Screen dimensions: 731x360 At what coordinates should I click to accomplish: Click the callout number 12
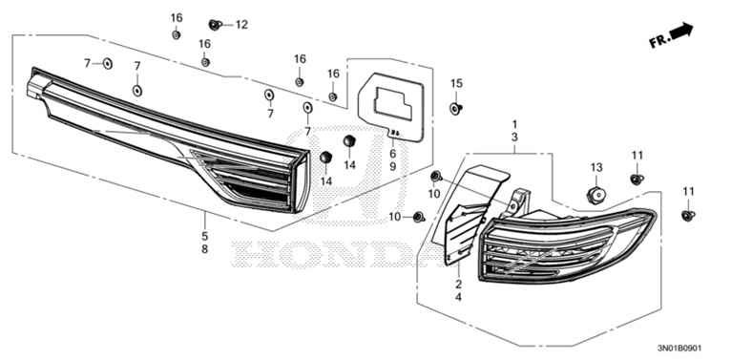(240, 24)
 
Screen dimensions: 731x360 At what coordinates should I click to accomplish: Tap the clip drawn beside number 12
(215, 23)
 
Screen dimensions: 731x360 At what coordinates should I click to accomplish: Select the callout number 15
(456, 83)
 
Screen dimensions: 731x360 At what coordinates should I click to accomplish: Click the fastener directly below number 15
(455, 108)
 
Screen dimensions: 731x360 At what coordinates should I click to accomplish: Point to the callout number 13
(596, 168)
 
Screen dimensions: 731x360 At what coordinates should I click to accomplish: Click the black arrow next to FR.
(681, 33)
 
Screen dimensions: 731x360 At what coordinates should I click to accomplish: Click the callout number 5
(203, 235)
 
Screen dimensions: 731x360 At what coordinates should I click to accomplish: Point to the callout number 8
(203, 249)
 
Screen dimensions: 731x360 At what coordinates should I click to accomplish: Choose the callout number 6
(391, 153)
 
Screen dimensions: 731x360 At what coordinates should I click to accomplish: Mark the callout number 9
(391, 167)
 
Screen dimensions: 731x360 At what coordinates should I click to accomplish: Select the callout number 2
(459, 285)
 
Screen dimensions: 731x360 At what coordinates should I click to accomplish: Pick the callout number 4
(459, 298)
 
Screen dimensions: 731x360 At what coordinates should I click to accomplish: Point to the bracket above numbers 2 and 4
(473, 205)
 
